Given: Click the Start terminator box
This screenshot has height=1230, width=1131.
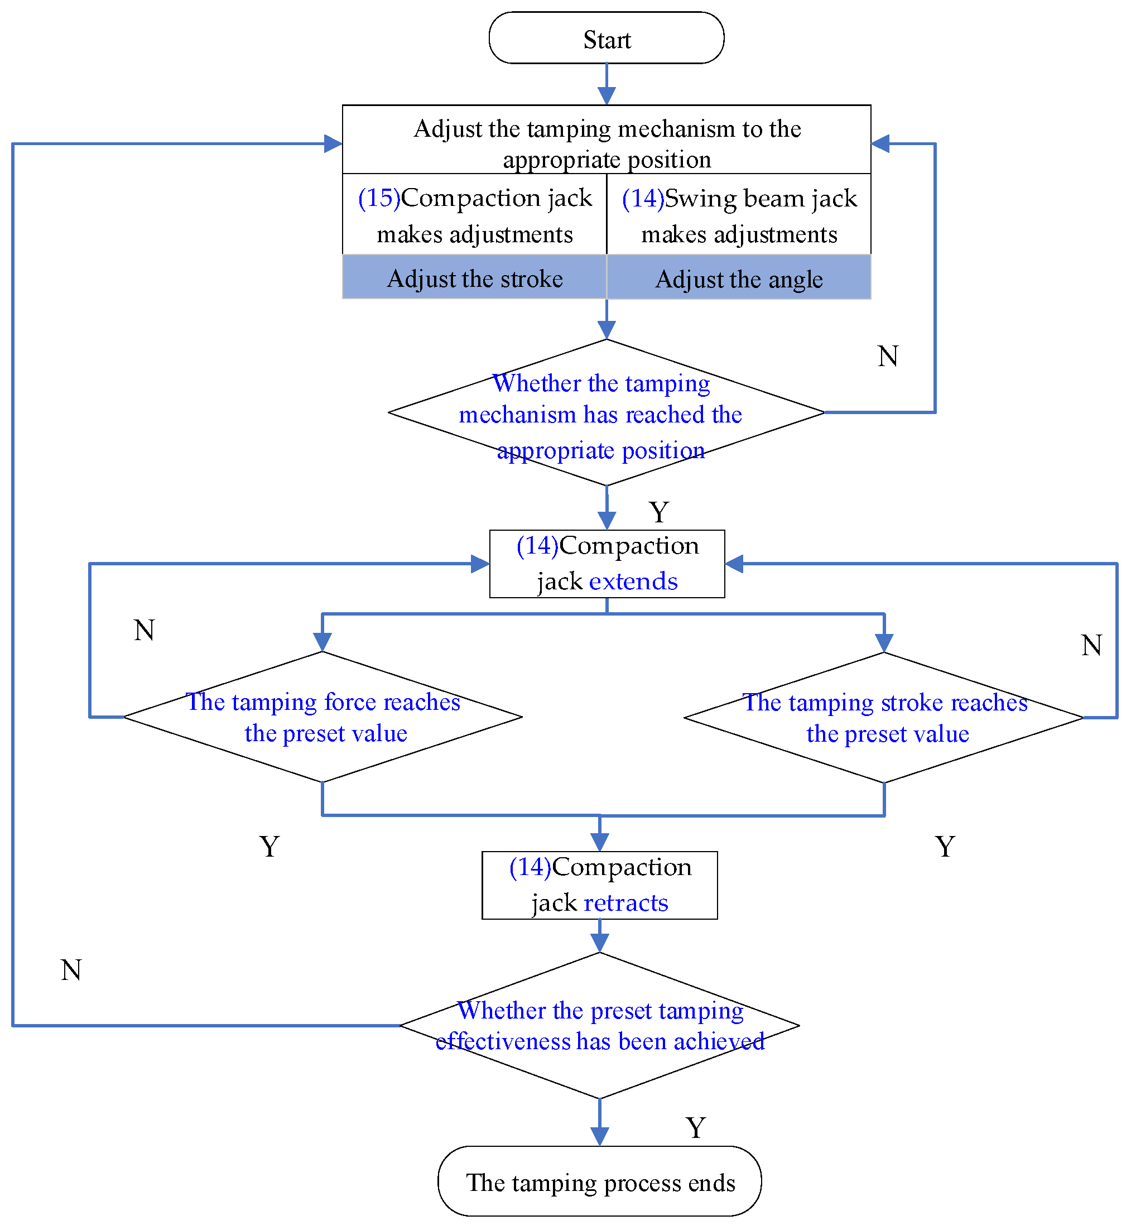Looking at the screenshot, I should [606, 38].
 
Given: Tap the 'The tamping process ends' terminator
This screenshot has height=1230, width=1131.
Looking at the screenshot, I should [599, 1181].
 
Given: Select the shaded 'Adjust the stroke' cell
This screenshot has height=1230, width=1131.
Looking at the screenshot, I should [474, 278].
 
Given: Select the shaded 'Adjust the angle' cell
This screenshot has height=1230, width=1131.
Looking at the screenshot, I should [739, 278].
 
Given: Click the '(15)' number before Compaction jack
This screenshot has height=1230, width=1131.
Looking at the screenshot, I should [379, 198].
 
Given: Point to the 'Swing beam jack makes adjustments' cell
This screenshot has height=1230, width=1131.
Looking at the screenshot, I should [739, 215].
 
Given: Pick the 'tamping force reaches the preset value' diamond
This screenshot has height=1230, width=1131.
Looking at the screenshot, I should [323, 717].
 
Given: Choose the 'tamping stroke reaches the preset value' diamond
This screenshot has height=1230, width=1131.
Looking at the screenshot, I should [884, 718].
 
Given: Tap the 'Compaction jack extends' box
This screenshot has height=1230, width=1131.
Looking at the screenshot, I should [607, 563].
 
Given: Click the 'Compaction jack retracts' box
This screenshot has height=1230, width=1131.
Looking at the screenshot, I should [599, 885].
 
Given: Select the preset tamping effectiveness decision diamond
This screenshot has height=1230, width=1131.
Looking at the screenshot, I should [599, 1026].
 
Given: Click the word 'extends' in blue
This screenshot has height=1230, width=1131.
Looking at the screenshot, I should [633, 581].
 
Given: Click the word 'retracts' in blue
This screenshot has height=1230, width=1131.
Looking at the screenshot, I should [625, 902].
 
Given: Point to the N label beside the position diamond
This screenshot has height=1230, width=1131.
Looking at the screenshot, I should [887, 356].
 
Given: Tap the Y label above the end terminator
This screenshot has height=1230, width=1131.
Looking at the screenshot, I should [695, 1127].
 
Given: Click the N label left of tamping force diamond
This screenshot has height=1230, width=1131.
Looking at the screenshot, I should [145, 630].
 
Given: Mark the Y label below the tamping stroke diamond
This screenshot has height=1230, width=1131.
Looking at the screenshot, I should [945, 847].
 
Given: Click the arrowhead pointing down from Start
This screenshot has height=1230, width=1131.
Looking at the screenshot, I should [607, 95].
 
